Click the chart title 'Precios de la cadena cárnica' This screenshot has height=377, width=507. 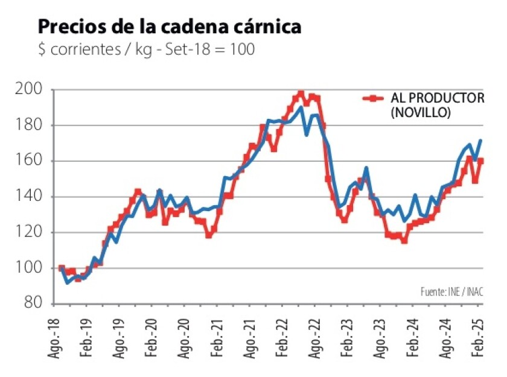[x=170, y=27]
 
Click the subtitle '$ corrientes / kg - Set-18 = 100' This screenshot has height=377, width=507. [x=145, y=50]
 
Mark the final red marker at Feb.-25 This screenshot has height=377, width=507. [x=481, y=161]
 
